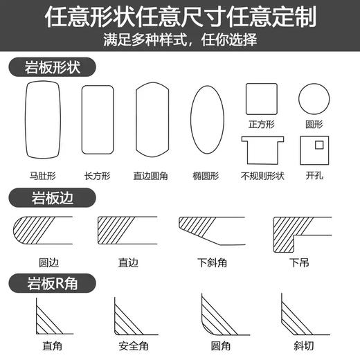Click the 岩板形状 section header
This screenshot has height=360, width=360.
coord(52,67)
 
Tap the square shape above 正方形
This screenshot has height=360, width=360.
coord(261,98)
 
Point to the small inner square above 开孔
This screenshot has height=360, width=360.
coord(318,145)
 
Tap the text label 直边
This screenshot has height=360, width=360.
coord(129,263)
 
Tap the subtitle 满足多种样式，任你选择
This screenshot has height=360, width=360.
coord(180,40)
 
